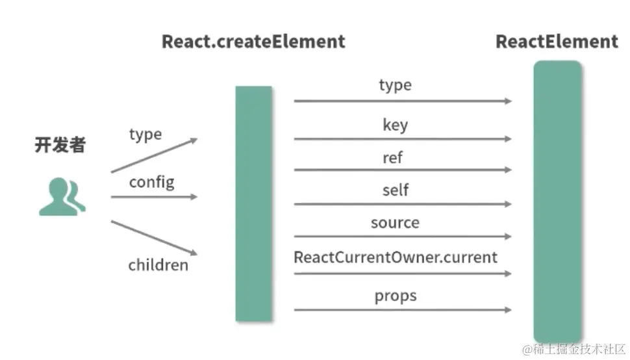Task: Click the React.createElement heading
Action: (253, 42)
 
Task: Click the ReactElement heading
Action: (557, 42)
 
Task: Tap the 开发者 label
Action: (60, 145)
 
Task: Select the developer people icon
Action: (62, 197)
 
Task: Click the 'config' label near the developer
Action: (151, 181)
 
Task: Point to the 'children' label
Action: (158, 264)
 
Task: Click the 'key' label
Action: (395, 124)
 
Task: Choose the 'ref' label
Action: (393, 157)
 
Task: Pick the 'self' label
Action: (395, 190)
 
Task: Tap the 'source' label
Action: (395, 223)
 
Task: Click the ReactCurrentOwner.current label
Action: (396, 257)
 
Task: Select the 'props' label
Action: (395, 296)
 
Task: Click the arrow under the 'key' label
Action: (402, 138)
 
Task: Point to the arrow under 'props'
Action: (402, 310)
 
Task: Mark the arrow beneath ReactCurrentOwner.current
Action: (402, 274)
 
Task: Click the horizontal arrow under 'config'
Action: (154, 196)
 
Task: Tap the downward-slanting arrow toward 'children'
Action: (154, 237)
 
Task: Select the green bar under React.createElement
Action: (253, 203)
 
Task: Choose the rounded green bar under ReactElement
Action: (557, 201)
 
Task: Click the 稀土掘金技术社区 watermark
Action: (573, 350)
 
